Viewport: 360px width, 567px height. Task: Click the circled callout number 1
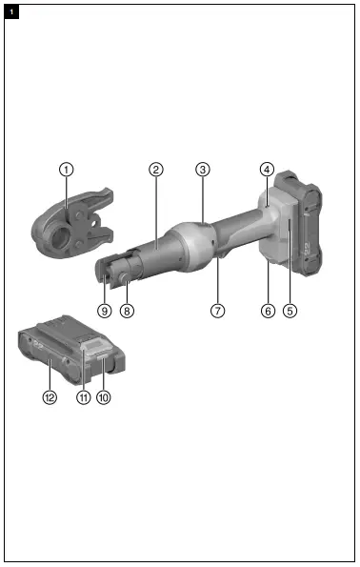(x=65, y=169)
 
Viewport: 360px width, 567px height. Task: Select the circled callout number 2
(x=155, y=169)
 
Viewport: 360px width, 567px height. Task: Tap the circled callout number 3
(x=202, y=169)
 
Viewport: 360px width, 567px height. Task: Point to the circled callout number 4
(x=267, y=169)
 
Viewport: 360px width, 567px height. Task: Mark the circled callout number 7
(x=217, y=311)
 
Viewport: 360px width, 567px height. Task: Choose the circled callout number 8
(x=128, y=311)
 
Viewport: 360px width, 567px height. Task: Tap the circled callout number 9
(x=105, y=311)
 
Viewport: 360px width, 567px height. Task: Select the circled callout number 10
(x=104, y=397)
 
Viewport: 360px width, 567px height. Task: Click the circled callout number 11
(x=83, y=397)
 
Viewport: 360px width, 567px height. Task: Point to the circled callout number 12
(x=49, y=397)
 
